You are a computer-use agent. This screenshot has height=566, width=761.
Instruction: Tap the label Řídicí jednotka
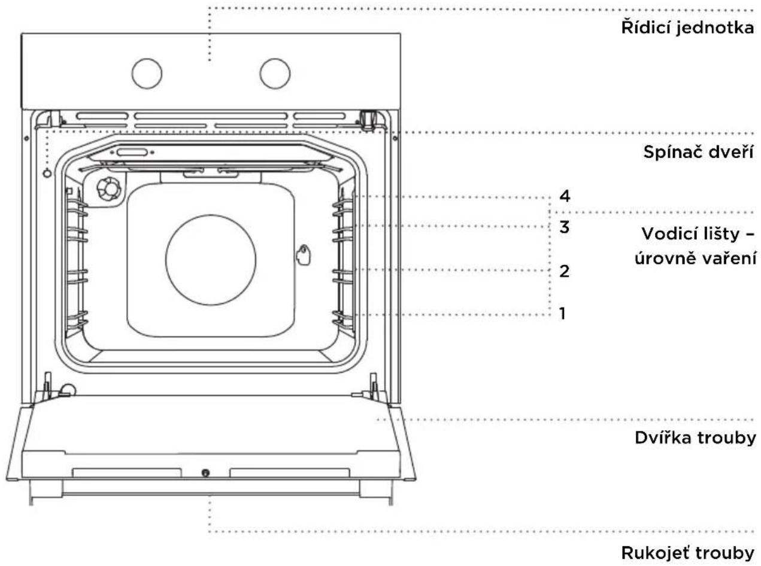point(687,28)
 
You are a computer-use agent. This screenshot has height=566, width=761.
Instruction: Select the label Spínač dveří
point(698,151)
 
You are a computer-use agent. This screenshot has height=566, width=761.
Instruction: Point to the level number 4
point(565,196)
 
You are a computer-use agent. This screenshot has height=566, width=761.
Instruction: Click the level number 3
point(565,227)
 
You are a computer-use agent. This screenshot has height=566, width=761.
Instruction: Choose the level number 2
point(565,271)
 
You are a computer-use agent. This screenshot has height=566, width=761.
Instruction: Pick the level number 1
point(562,314)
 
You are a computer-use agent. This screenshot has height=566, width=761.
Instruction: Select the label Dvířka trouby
point(695,438)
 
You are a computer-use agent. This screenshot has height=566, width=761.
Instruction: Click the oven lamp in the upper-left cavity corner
point(109,188)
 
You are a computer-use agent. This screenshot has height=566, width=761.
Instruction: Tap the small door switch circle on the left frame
point(47,174)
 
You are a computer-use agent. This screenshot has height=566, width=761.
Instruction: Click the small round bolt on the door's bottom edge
point(205,473)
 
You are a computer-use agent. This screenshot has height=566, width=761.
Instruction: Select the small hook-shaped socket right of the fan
point(303,255)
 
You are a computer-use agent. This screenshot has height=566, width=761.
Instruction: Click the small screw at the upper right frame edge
point(395,138)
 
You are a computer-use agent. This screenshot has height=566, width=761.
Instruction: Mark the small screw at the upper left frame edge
point(26,138)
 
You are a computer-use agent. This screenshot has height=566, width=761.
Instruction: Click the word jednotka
point(715,28)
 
